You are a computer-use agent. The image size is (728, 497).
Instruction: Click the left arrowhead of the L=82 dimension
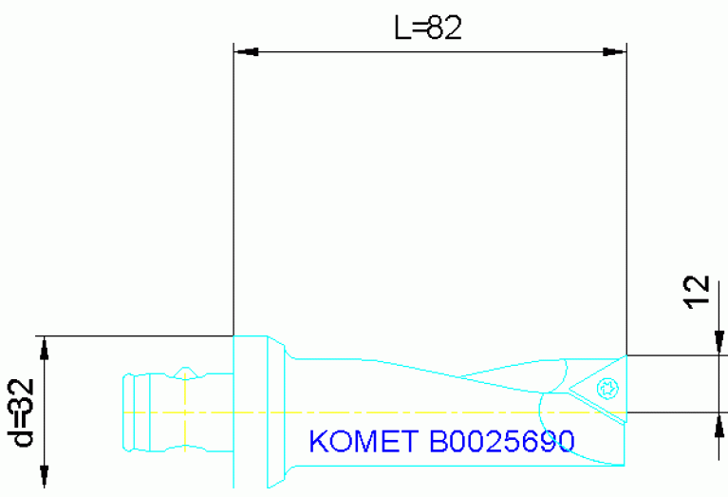click(246, 50)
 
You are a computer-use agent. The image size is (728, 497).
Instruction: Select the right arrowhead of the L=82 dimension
click(614, 50)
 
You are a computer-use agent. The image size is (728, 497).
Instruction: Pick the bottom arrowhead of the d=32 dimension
click(44, 474)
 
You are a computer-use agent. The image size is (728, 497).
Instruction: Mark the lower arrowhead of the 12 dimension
click(719, 425)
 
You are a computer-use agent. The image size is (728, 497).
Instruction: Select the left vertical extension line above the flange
click(233, 190)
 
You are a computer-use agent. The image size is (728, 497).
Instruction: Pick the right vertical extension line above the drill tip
click(626, 190)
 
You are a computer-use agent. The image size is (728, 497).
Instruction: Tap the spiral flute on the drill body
click(494, 375)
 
